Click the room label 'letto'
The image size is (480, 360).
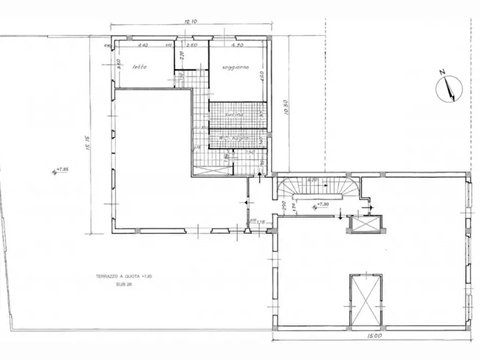click(140, 67)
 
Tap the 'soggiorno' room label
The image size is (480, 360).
click(235, 67)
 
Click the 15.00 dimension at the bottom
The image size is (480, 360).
click(375, 336)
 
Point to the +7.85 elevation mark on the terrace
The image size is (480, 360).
click(62, 170)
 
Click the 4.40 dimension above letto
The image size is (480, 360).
click(143, 46)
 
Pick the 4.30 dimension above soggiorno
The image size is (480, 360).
click(237, 46)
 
